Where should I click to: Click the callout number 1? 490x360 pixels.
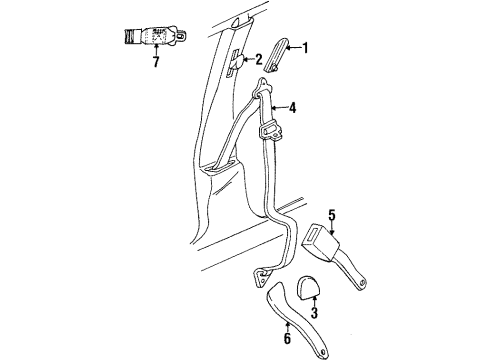pos(307,47)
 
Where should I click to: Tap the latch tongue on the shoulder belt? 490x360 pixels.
pos(268,130)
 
